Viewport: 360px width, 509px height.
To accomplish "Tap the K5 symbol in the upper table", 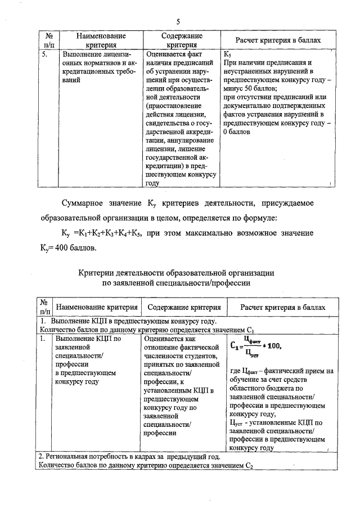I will coord(227,55).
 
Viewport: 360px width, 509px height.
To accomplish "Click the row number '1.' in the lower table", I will coord(43,339).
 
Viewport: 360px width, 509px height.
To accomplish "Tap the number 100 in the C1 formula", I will coord(272,345).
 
